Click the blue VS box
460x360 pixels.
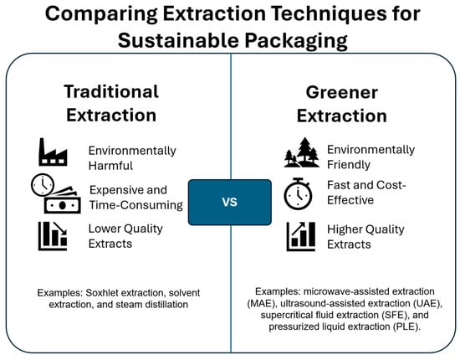coord(230,203)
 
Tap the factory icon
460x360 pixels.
coord(53,152)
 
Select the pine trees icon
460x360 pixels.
coord(302,152)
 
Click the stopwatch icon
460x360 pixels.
coord(298,193)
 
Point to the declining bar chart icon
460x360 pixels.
coord(53,236)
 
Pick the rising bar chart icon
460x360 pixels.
coord(301,236)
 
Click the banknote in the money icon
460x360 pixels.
coord(62,204)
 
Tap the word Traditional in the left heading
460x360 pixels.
coord(111,91)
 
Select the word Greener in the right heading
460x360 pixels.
coord(342,92)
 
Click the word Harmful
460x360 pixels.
coord(110,166)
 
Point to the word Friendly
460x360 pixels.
coord(349,164)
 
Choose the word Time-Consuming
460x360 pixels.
coord(136,205)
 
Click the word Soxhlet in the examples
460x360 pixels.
coord(102,293)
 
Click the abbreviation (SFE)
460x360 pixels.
coord(395,315)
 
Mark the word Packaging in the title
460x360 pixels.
coord(296,41)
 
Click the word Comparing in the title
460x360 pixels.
coord(101,14)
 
